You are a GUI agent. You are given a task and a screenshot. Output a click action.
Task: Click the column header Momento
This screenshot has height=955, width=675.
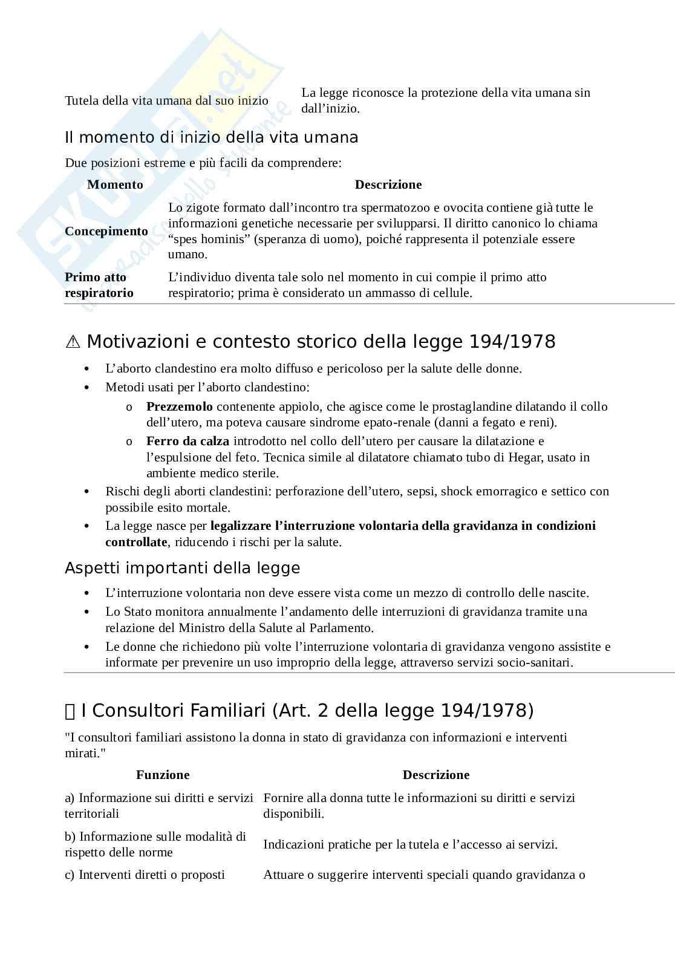pyautogui.click(x=115, y=184)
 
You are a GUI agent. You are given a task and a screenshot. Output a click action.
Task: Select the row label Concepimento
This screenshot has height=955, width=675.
pyautogui.click(x=106, y=231)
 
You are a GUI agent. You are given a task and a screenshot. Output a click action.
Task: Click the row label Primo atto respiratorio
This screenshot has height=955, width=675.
pyautogui.click(x=99, y=285)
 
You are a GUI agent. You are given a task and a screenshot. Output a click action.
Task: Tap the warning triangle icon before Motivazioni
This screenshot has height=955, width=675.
pyautogui.click(x=73, y=342)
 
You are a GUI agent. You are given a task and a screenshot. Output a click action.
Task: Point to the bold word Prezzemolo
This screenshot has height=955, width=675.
pyautogui.click(x=179, y=406)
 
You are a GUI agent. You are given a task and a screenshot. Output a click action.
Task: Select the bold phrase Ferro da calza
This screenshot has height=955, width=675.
pyautogui.click(x=187, y=441)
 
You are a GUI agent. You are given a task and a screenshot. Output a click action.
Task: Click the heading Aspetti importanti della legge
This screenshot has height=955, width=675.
pyautogui.click(x=182, y=568)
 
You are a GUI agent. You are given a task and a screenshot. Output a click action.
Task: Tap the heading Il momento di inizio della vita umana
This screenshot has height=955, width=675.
pyautogui.click(x=211, y=137)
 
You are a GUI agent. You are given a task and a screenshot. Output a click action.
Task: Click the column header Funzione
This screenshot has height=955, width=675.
pyautogui.click(x=163, y=775)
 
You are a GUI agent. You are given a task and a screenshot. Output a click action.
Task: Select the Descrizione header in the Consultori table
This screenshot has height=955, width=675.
pyautogui.click(x=435, y=775)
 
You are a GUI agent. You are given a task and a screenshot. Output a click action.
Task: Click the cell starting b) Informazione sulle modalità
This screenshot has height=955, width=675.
pyautogui.click(x=155, y=844)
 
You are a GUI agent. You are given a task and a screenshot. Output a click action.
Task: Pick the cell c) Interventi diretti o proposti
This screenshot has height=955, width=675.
pyautogui.click(x=145, y=875)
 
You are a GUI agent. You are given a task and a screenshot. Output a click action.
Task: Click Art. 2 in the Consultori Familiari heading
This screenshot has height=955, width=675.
pyautogui.click(x=300, y=710)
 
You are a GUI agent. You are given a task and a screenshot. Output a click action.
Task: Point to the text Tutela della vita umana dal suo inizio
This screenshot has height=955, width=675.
pyautogui.click(x=166, y=100)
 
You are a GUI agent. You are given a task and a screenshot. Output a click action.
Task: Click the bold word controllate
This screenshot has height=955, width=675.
pyautogui.click(x=135, y=542)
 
